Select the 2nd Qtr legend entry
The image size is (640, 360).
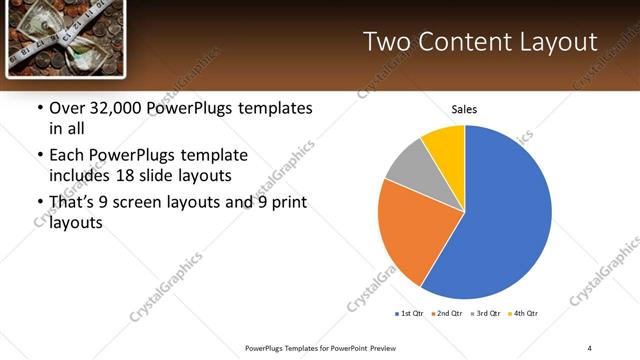pos(446,314)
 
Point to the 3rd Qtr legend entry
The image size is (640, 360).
pos(485,314)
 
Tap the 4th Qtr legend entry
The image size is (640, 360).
pos(523,314)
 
